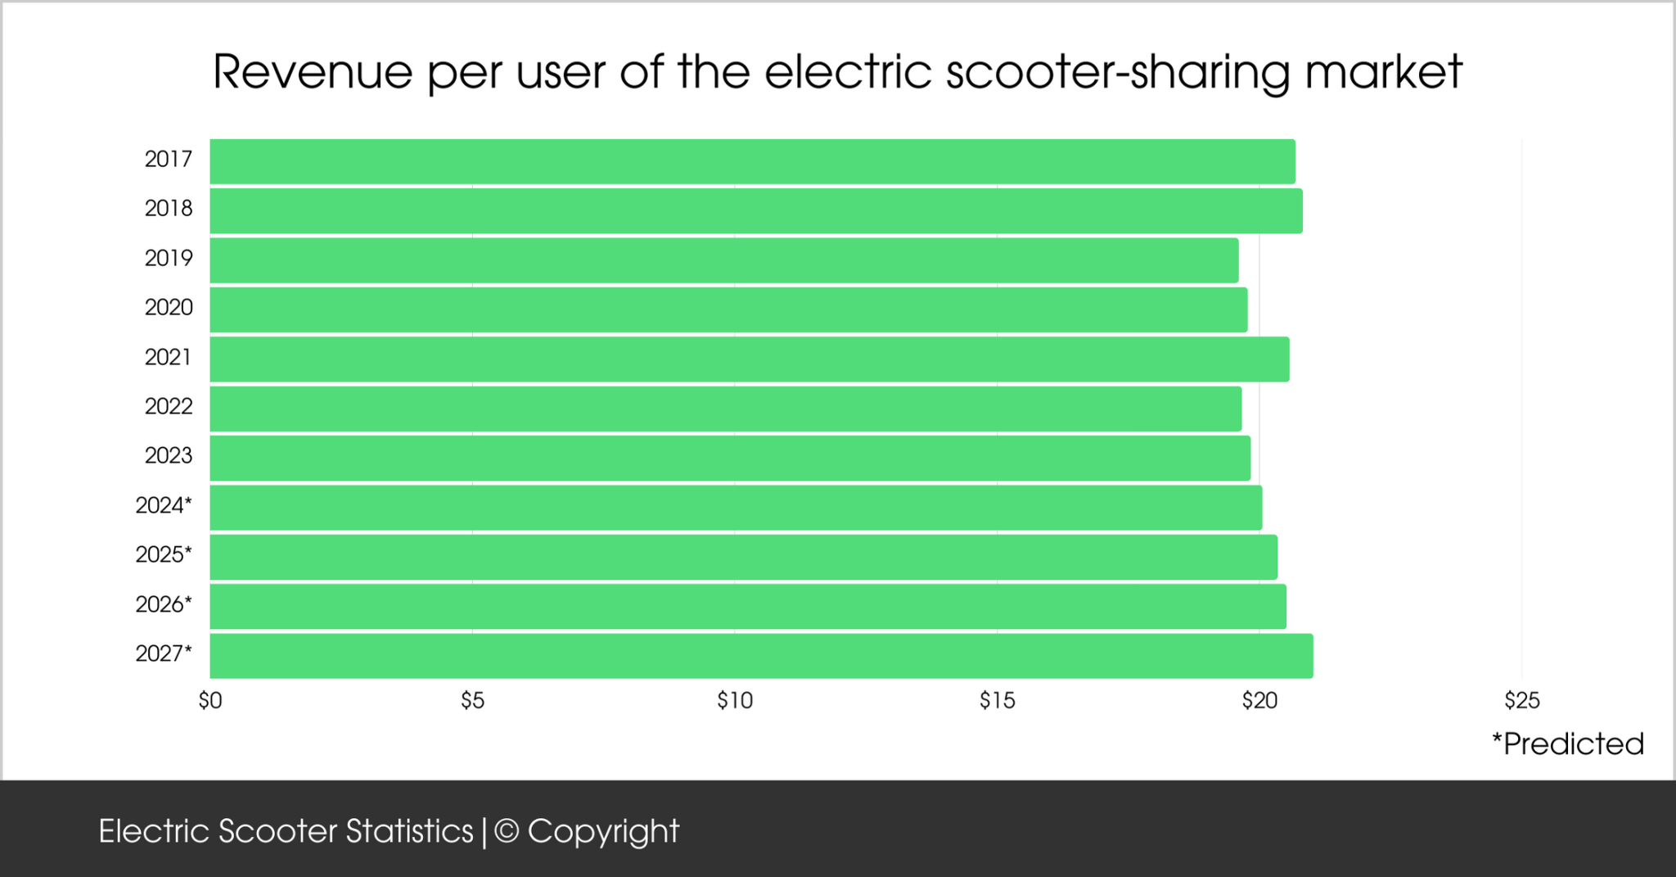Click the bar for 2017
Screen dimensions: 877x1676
point(752,161)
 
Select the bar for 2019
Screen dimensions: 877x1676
point(723,260)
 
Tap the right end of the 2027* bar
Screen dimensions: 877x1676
point(1311,656)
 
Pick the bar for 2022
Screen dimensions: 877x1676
point(725,409)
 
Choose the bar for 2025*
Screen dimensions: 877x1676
point(743,557)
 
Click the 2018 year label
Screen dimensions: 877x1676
point(169,209)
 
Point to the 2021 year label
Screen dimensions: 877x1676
point(168,357)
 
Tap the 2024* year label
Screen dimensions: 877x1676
point(164,505)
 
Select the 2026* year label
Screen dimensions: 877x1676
point(164,604)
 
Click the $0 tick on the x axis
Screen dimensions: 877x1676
point(210,701)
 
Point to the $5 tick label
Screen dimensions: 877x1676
point(472,701)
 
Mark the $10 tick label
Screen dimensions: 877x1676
point(734,701)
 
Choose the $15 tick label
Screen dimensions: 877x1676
point(997,701)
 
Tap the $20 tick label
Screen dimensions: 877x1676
point(1259,701)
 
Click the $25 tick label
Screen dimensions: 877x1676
point(1521,701)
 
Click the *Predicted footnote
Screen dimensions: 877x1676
point(1567,744)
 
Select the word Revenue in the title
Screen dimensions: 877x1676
point(313,72)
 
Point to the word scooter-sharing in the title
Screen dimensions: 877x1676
point(1116,72)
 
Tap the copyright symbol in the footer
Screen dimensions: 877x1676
point(507,831)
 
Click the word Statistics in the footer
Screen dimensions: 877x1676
point(409,831)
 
